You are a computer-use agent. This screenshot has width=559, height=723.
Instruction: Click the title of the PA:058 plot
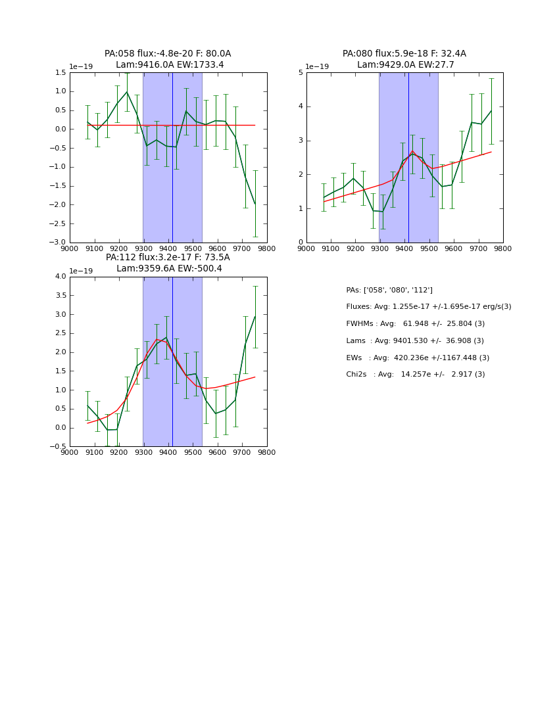[168, 59]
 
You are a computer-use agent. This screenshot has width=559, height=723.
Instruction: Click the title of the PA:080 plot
[404, 59]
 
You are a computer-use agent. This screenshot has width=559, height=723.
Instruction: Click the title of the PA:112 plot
[168, 263]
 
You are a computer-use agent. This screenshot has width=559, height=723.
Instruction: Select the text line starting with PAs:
[389, 290]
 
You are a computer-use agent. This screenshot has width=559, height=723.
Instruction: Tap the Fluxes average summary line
[428, 307]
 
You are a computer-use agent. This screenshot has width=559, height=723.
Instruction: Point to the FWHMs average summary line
[415, 324]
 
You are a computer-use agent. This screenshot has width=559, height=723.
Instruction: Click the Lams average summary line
[415, 341]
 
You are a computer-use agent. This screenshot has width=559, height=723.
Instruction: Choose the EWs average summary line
[418, 358]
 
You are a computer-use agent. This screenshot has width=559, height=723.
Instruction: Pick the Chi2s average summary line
[415, 375]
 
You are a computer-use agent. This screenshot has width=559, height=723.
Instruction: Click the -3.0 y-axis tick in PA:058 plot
[59, 243]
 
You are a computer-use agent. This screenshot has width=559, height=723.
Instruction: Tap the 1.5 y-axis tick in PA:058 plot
[61, 73]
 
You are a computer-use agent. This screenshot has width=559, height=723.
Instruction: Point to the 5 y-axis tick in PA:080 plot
[301, 73]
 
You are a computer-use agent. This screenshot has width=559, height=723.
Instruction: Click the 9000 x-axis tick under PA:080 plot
[306, 249]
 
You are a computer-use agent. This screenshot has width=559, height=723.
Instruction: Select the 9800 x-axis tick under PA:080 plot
[503, 249]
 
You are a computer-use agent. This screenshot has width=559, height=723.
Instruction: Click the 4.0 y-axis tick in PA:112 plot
[61, 277]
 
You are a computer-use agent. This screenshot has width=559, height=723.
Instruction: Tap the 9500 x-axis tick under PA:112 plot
[193, 453]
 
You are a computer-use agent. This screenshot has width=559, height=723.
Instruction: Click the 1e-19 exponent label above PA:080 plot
[317, 67]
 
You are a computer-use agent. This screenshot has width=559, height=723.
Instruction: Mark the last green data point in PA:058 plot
[255, 204]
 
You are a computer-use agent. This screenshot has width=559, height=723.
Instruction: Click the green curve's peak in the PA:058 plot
[128, 92]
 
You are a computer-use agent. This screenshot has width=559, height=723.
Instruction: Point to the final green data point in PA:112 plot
[255, 316]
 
